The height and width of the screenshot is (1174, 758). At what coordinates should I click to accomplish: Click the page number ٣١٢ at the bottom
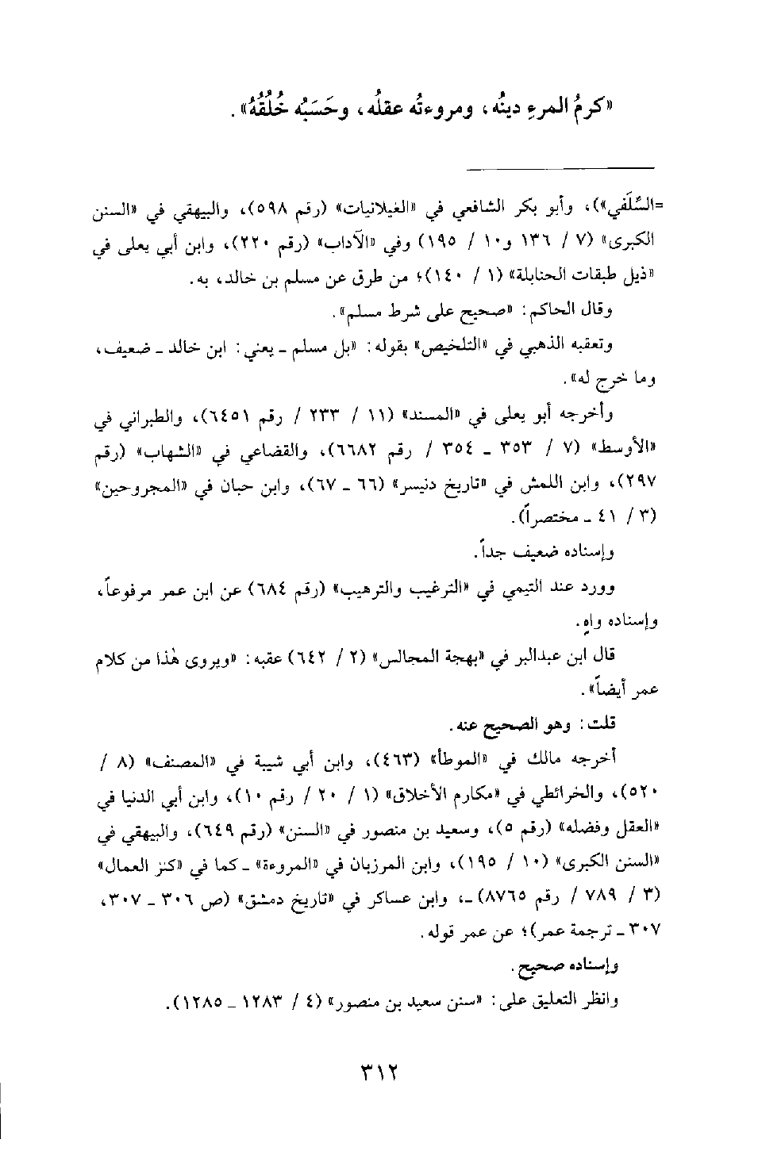[378, 1076]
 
